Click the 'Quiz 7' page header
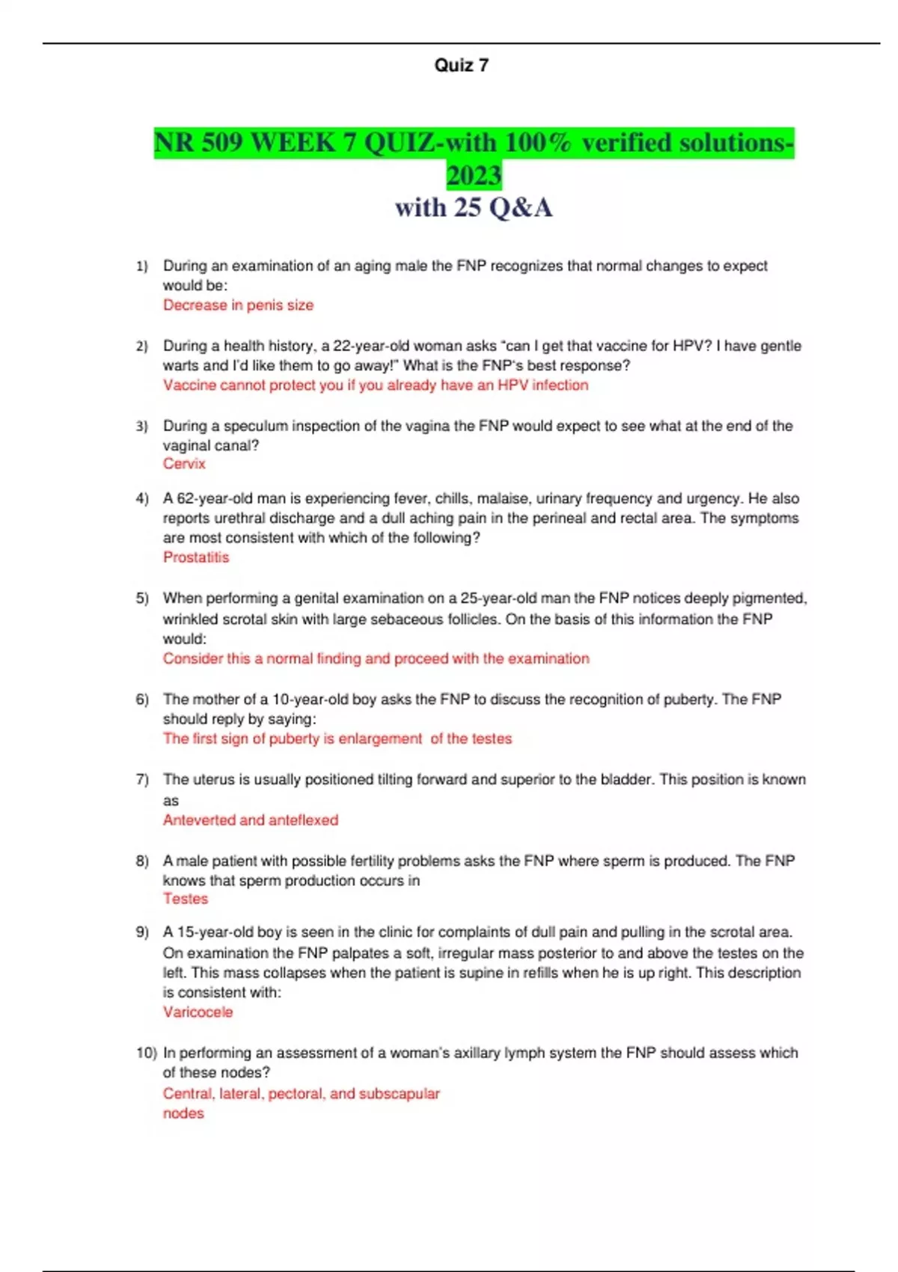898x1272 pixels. point(461,66)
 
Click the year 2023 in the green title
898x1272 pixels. point(474,175)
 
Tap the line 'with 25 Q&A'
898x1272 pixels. point(474,208)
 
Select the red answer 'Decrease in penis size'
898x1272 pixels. point(238,305)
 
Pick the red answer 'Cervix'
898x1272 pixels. point(184,464)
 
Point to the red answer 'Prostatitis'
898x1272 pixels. point(196,557)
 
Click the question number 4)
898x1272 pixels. point(142,498)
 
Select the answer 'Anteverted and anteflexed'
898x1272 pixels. point(251,820)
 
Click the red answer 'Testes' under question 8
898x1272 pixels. point(186,899)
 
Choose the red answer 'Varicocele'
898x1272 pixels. point(198,1012)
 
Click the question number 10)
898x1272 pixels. point(146,1053)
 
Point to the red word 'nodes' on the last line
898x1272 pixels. point(183,1113)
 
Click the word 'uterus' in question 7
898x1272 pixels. point(214,780)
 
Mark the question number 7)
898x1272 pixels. point(142,780)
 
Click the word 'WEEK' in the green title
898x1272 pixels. point(293,142)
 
